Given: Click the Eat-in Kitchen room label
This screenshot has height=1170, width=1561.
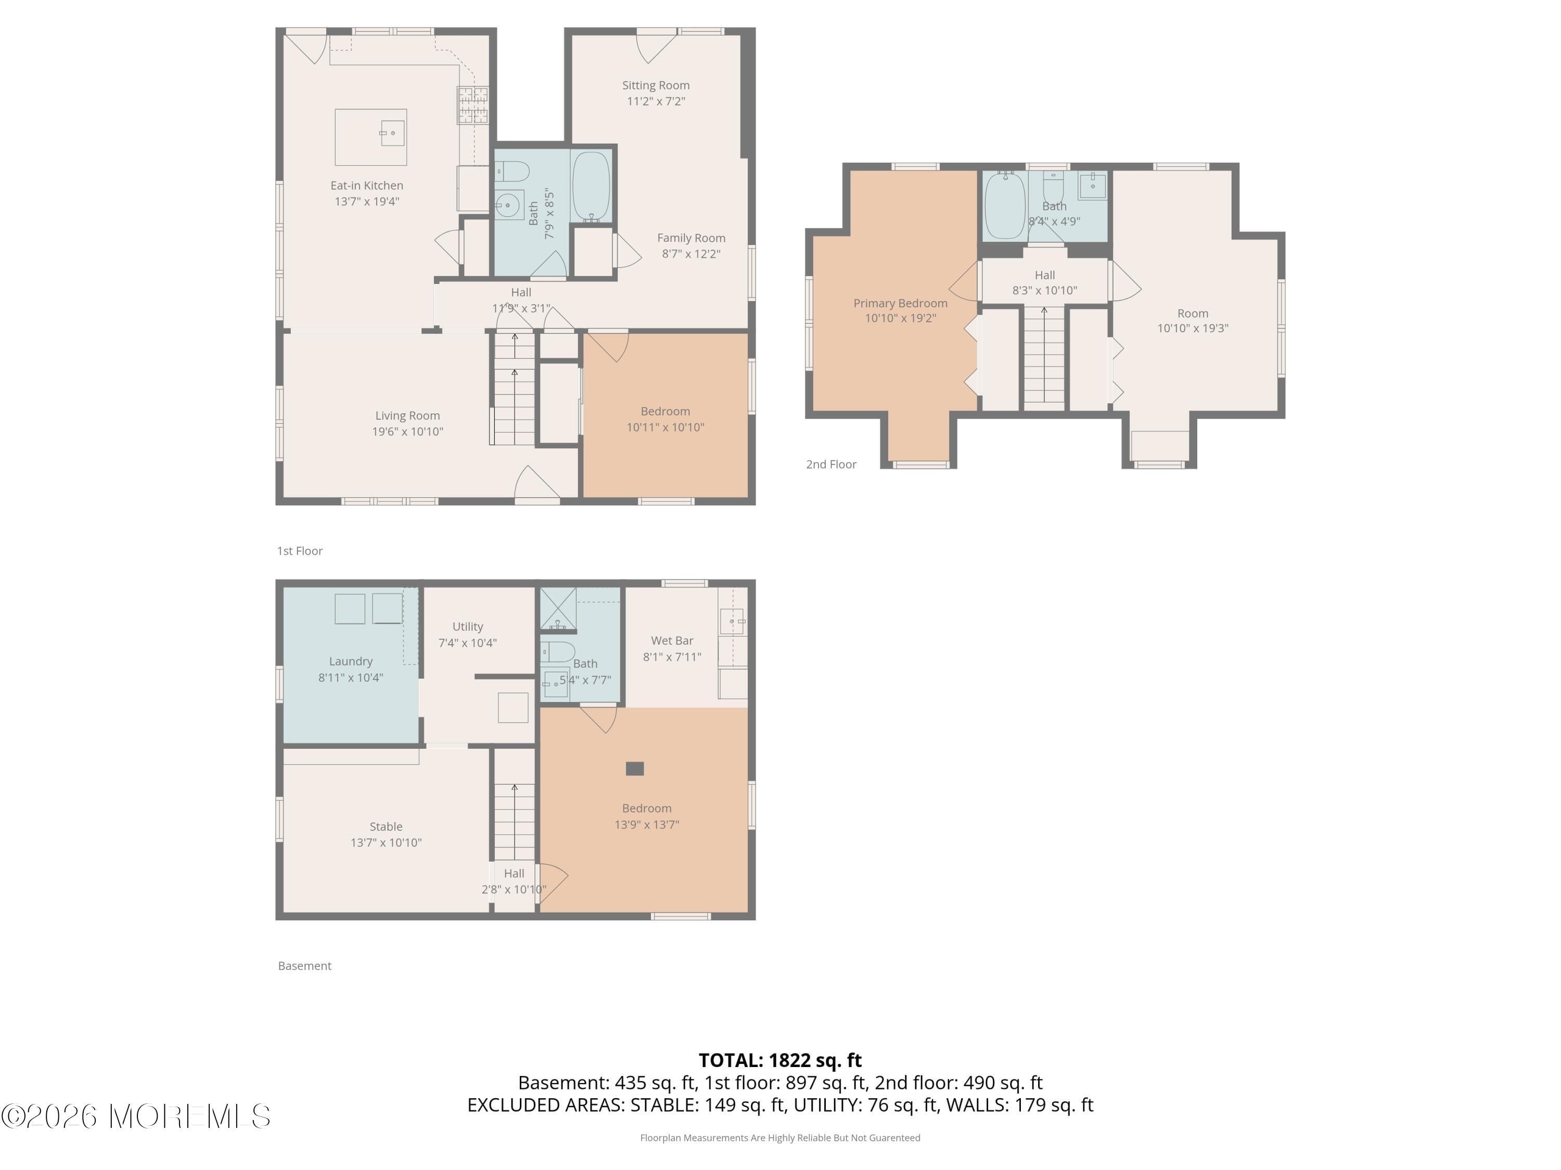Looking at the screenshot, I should click(x=366, y=186).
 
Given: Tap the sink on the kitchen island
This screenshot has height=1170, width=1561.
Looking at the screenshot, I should click(x=392, y=133).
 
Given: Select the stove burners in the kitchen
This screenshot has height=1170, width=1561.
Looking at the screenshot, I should click(x=472, y=105).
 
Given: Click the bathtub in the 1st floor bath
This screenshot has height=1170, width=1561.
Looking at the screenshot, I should click(x=591, y=186).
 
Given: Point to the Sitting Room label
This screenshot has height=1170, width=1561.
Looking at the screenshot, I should click(x=656, y=85).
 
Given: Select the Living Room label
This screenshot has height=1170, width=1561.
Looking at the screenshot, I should click(x=407, y=416).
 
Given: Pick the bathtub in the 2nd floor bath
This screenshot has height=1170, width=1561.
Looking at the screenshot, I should click(x=1004, y=206).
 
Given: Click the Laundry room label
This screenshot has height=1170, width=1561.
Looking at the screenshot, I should click(x=350, y=661).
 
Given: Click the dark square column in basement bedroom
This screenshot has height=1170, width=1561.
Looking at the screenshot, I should click(x=634, y=769).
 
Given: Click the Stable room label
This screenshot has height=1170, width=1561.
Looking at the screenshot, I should click(x=386, y=827).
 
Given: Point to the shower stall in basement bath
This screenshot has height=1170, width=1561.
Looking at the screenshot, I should click(x=557, y=608).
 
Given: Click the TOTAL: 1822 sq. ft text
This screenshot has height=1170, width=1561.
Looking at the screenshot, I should click(x=780, y=1060).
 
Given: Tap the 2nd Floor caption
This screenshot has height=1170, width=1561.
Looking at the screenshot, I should click(x=830, y=464).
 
